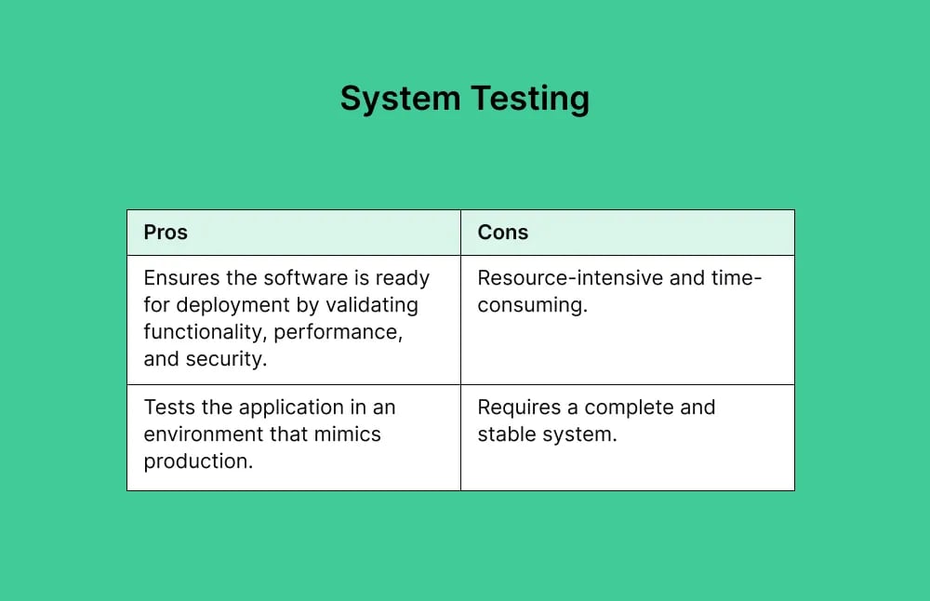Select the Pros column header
(166, 233)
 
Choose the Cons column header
(503, 233)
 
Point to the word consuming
(532, 305)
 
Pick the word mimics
(346, 434)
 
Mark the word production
(198, 461)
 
